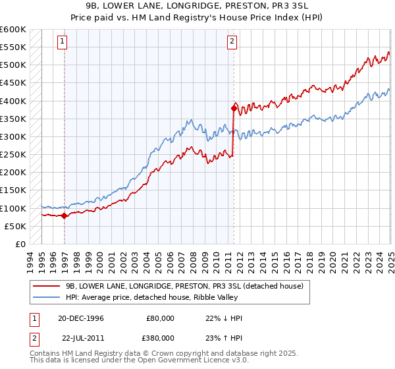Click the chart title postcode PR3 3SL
(264, 6)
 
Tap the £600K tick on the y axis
(13, 30)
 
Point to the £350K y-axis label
(13, 119)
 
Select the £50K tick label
(16, 226)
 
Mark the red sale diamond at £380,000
(234, 107)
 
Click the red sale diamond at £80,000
(64, 215)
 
